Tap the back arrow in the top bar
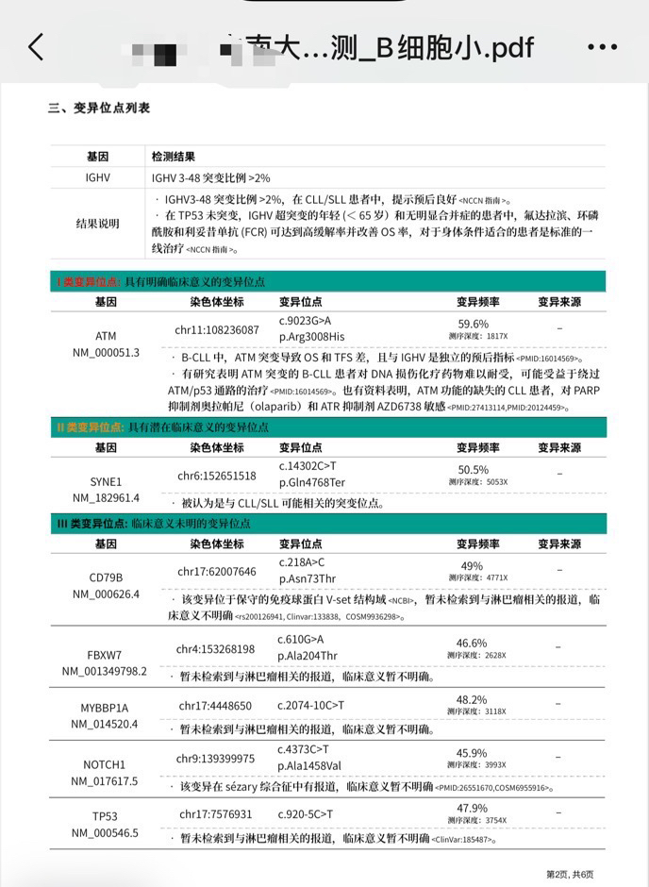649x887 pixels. click(x=36, y=46)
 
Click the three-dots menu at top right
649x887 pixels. click(x=602, y=47)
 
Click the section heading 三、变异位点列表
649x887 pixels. click(x=99, y=109)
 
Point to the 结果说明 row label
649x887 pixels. click(x=98, y=224)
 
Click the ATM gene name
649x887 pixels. click(x=106, y=336)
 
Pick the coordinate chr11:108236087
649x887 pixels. click(x=217, y=330)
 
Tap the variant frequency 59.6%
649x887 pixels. click(x=473, y=324)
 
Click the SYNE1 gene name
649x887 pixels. click(x=106, y=481)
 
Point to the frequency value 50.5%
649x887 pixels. click(x=473, y=469)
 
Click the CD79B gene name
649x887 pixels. click(x=106, y=577)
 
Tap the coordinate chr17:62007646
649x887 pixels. click(x=217, y=572)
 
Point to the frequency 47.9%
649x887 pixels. click(x=472, y=808)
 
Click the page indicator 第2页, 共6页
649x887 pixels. click(x=570, y=874)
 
